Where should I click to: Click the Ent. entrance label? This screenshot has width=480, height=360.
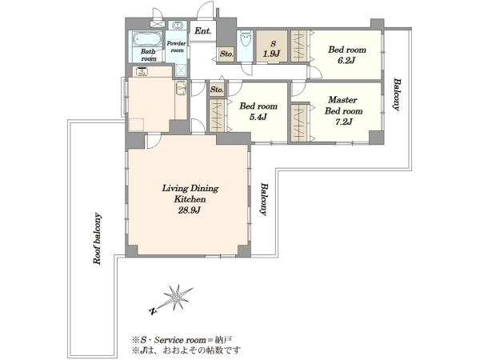(x=202, y=31)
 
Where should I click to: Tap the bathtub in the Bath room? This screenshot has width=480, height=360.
(x=147, y=39)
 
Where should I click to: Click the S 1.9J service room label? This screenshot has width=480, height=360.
(x=272, y=49)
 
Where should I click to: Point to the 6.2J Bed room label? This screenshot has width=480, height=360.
(x=346, y=54)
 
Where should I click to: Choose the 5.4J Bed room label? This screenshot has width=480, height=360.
(x=258, y=111)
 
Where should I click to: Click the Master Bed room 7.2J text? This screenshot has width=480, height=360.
(x=343, y=111)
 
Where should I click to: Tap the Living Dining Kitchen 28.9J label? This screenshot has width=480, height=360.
(x=190, y=199)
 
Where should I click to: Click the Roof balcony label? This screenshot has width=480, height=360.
(x=98, y=238)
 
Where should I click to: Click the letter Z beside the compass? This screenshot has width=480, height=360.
(x=153, y=311)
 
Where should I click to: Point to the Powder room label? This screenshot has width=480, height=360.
(x=176, y=47)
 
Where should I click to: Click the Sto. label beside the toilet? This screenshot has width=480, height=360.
(x=226, y=54)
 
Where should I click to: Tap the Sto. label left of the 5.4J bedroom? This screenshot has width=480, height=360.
(x=217, y=90)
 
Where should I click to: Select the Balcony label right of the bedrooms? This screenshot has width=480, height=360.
(x=397, y=94)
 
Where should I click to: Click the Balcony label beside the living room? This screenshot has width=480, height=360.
(x=264, y=199)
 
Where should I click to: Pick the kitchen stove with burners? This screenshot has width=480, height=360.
(x=142, y=72)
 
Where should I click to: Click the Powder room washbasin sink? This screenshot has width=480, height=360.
(x=177, y=25)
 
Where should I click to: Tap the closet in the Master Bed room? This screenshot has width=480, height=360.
(x=299, y=123)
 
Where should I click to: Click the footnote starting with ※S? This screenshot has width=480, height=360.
(x=182, y=340)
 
